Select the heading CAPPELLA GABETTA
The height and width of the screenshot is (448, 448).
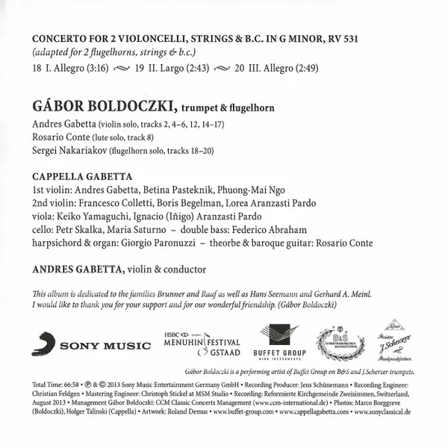pyautogui.click(x=82, y=177)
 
